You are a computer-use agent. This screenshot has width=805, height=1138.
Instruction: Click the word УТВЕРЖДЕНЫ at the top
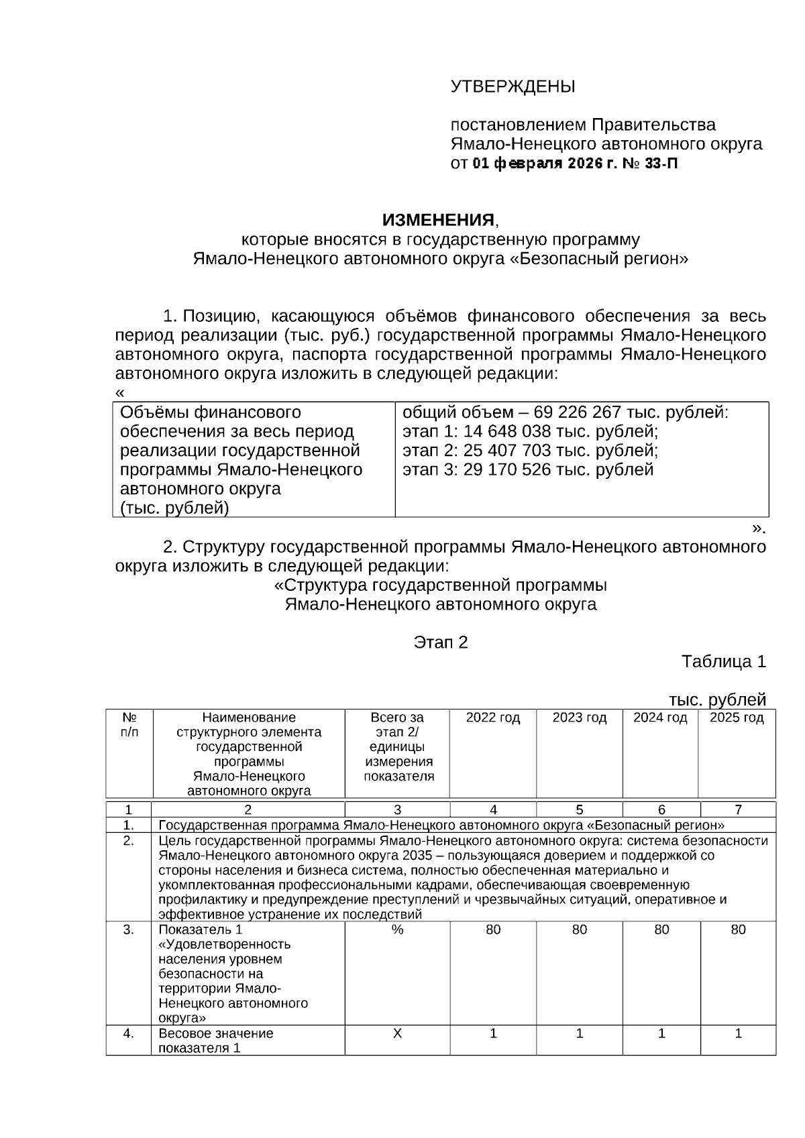[x=513, y=87]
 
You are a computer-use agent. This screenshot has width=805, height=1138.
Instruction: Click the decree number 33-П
[x=661, y=163]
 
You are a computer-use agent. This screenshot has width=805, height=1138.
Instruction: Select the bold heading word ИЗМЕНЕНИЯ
[x=439, y=220]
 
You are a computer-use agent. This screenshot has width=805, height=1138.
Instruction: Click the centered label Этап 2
[x=441, y=642]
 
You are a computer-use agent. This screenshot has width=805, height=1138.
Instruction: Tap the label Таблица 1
[x=723, y=661]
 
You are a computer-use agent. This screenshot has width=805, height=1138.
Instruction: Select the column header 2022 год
[x=493, y=718]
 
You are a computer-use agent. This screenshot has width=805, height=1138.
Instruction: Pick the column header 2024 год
[x=661, y=718]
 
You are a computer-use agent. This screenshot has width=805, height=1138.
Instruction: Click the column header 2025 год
[x=737, y=718]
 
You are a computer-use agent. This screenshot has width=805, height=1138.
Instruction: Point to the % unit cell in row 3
[x=397, y=929]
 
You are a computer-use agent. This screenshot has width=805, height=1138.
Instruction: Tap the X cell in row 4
[x=397, y=1033]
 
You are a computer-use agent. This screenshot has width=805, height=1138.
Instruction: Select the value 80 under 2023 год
[x=580, y=929]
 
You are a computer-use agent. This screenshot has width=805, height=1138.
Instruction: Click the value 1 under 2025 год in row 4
[x=738, y=1033]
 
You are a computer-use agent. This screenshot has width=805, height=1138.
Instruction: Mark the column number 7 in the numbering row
[x=738, y=809]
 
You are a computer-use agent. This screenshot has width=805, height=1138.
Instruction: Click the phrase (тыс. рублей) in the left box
[x=174, y=508]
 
